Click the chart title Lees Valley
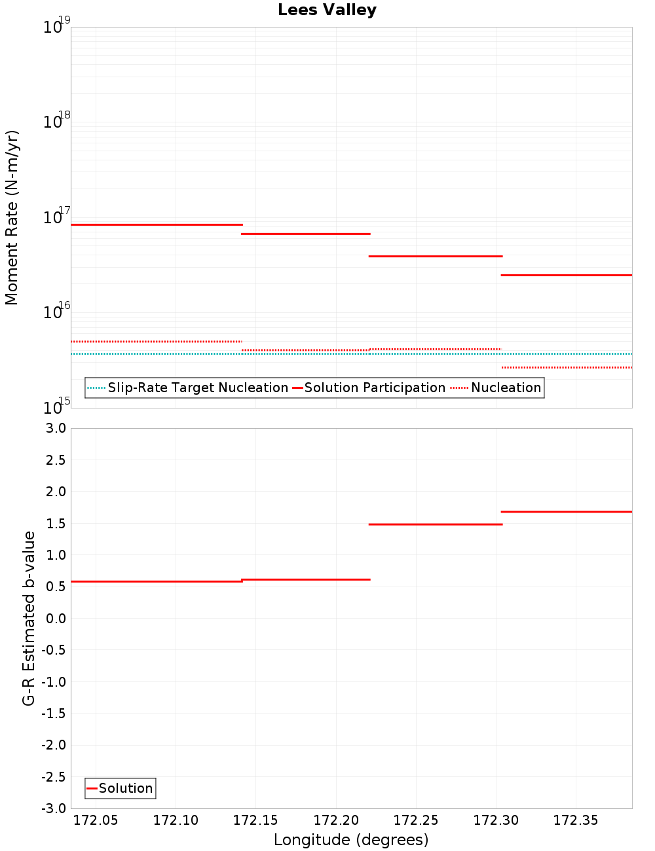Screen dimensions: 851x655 point(327,10)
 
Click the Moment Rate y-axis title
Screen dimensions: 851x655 point(12,217)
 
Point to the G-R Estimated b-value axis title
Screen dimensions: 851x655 point(29,618)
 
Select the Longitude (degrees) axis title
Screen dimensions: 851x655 point(351,840)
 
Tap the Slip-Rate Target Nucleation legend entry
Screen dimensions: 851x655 point(197,388)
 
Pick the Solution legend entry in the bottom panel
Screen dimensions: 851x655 point(125,788)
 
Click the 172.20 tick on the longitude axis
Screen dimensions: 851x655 point(336,820)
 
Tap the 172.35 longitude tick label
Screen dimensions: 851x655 point(576,820)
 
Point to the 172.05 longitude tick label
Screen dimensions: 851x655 point(96,820)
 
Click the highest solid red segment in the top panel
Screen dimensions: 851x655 point(157,225)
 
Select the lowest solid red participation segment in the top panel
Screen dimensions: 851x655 point(567,275)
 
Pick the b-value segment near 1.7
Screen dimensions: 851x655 point(567,511)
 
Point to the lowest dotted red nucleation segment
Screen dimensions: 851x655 point(567,367)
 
